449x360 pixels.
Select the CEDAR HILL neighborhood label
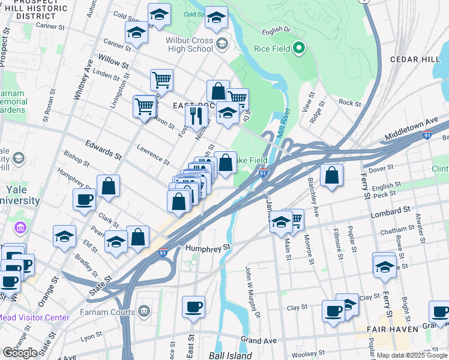tap(415, 59)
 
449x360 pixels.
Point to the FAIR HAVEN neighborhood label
tap(393, 329)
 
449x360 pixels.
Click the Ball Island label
tap(231, 355)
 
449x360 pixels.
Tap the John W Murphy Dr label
tap(253, 293)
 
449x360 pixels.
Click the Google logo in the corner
tap(20, 353)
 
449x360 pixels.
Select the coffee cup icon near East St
tap(193, 307)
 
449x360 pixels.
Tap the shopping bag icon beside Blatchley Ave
tap(331, 175)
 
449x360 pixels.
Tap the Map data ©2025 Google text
tap(412, 355)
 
